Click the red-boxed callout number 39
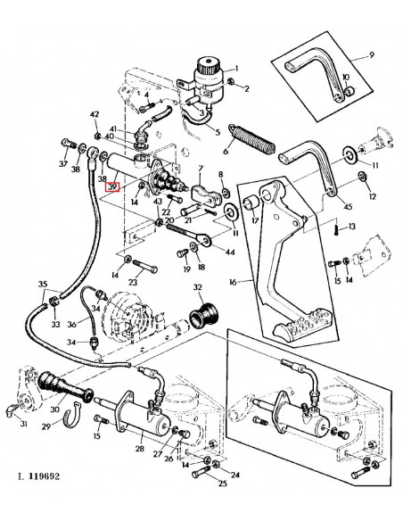(x=112, y=186)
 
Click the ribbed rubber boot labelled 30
(x=62, y=393)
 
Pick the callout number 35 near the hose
(x=42, y=284)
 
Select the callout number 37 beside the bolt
(x=62, y=164)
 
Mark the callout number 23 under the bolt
(x=132, y=282)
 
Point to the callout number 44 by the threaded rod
(x=231, y=252)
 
